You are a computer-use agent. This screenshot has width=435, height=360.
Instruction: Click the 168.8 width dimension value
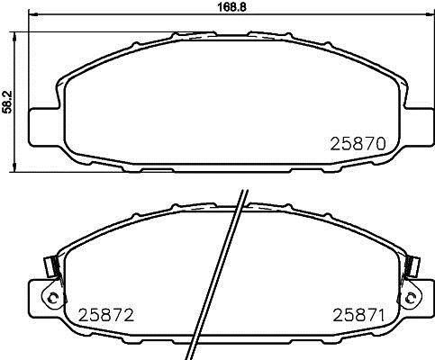(x=231, y=7)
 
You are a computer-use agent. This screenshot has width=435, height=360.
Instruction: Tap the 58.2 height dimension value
(x=6, y=102)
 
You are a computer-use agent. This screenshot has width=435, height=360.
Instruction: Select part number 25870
(x=358, y=144)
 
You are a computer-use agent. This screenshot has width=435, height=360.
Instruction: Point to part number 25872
(x=105, y=315)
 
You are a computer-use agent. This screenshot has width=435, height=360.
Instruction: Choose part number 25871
(x=358, y=315)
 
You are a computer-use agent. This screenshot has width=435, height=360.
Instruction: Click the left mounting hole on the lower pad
(x=53, y=298)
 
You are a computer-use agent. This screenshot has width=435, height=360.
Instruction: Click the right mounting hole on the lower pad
(x=410, y=298)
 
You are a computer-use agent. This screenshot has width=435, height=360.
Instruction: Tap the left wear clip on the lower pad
(x=52, y=267)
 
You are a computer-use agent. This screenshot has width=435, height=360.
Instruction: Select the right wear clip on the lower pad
(x=412, y=267)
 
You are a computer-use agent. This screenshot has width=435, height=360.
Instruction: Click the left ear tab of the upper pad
(x=45, y=127)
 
